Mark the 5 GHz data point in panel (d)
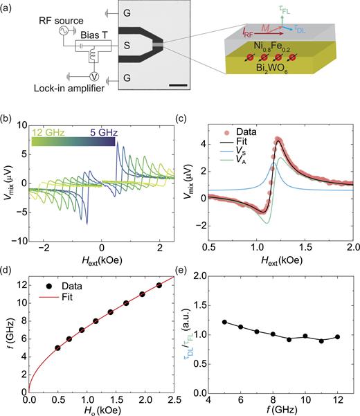(x=57, y=348)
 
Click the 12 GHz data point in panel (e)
(x=336, y=337)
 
